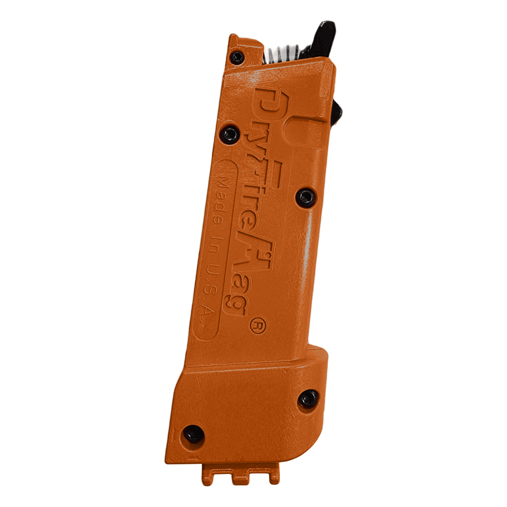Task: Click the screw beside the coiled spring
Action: tap(237, 57)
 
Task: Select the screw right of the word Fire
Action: tap(306, 197)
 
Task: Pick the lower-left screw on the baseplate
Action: tap(192, 433)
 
